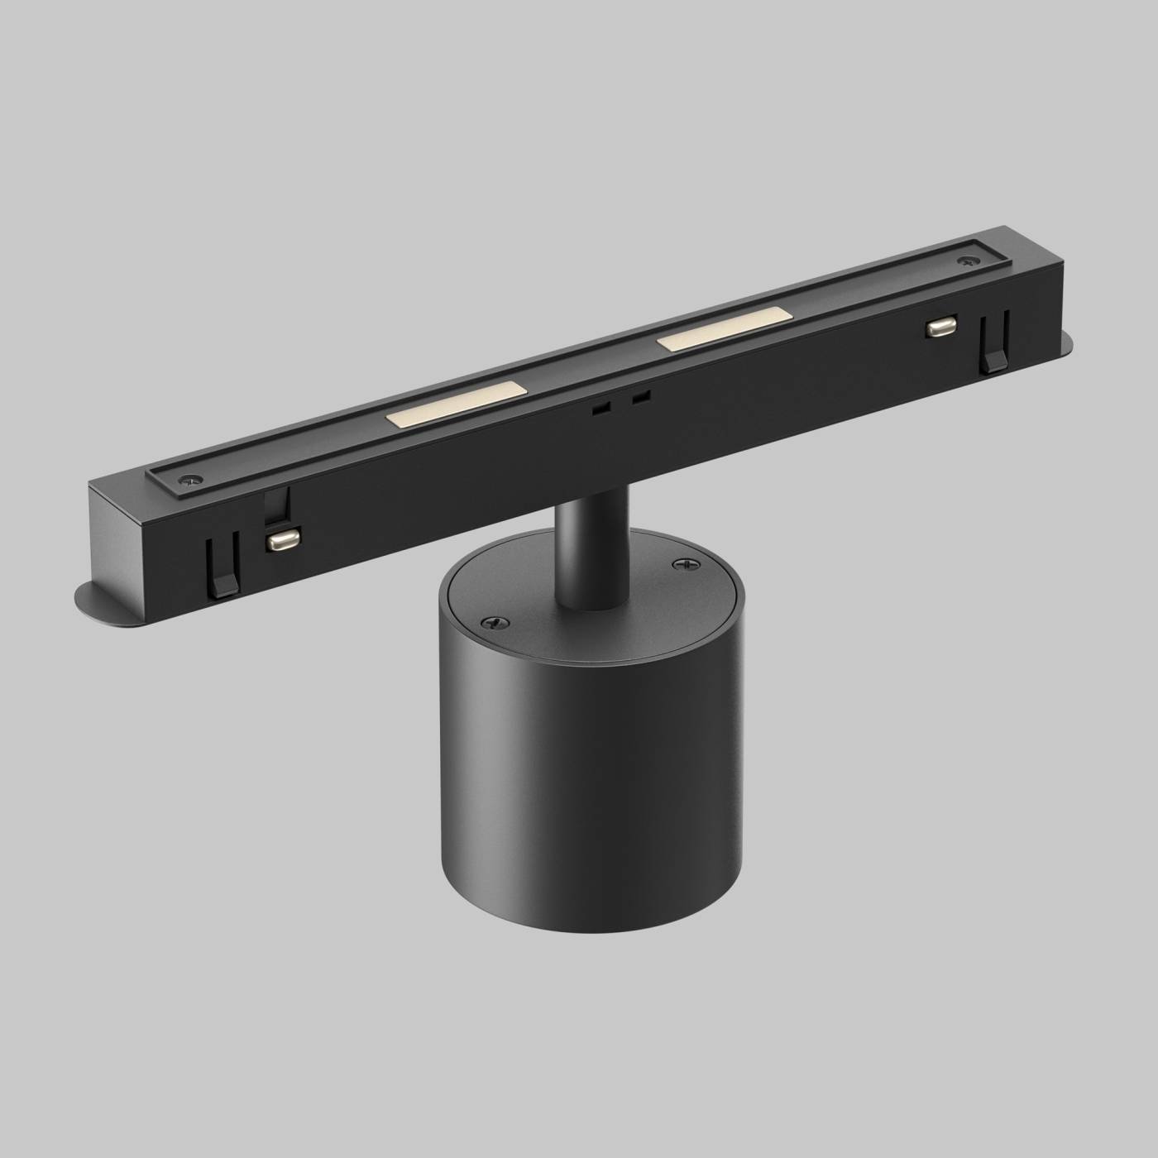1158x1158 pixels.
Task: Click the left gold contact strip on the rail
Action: [454, 404]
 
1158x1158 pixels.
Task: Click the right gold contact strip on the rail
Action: [724, 330]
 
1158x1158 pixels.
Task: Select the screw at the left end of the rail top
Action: [193, 478]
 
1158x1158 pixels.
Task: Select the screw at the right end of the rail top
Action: [965, 262]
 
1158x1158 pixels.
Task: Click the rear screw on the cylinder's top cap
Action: [682, 563]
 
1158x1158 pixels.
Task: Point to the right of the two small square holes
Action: [639, 397]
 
